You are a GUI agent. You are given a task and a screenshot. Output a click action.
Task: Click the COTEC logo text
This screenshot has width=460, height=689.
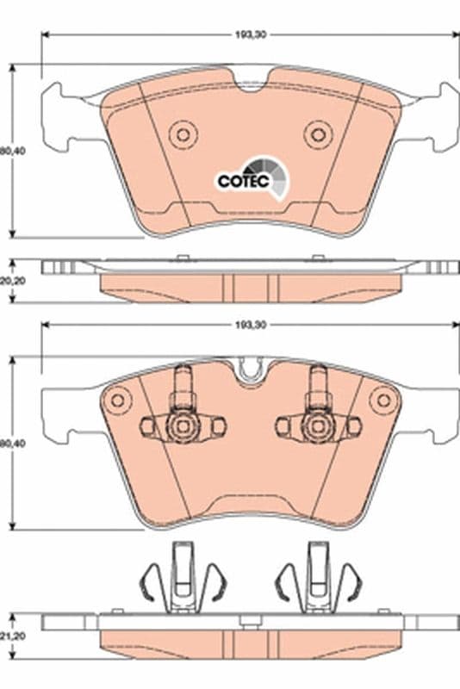(x=244, y=181)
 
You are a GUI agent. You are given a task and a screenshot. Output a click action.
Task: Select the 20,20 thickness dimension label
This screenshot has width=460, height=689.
(x=8, y=280)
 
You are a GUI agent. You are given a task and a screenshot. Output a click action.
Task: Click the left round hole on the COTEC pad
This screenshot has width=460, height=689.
(x=183, y=133)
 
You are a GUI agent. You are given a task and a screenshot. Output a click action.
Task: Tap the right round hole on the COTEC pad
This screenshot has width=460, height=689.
(x=318, y=133)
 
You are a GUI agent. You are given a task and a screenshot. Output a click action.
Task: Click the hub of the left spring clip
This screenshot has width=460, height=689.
(x=182, y=425)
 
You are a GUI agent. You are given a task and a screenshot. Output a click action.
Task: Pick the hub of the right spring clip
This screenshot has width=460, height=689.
(x=317, y=425)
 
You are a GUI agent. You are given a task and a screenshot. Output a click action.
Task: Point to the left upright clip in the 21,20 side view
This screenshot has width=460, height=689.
(x=183, y=577)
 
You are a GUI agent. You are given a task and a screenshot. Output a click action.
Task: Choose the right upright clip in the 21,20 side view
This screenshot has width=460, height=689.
(x=316, y=577)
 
